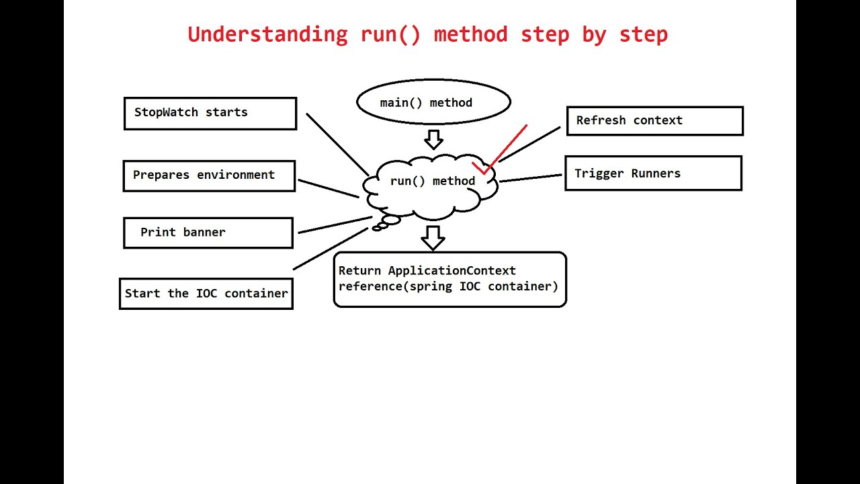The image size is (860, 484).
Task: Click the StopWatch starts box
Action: coord(210,113)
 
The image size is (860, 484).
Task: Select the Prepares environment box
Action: coord(209,175)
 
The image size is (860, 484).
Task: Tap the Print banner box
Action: coord(208,233)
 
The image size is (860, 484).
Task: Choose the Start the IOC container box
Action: coord(206,294)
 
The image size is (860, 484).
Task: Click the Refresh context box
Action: coord(654,121)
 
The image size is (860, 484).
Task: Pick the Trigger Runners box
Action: coord(653,173)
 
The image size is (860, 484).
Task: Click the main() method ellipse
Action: coord(433,102)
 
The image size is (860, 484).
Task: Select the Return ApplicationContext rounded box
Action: coord(449,279)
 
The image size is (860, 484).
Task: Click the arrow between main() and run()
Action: coord(433,139)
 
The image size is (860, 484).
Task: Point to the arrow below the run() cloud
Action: coord(433,237)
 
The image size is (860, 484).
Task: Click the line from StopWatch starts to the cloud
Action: coord(337,144)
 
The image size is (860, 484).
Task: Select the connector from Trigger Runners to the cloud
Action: coord(530,178)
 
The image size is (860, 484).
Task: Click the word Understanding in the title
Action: coord(267,34)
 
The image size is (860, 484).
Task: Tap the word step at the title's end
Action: coord(643,34)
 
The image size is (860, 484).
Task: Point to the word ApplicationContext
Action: coord(451,271)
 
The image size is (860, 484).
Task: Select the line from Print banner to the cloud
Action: coord(334,225)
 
